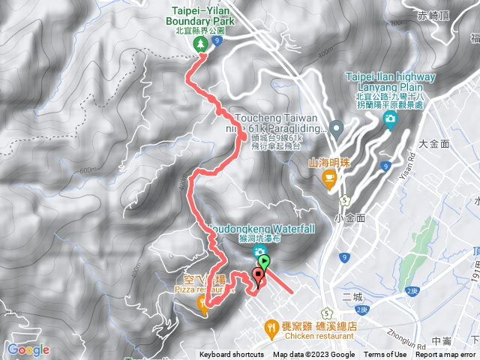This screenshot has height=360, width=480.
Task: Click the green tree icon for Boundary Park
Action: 201,46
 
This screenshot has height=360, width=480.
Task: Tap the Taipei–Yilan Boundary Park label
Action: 199,17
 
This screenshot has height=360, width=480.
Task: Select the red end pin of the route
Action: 259,276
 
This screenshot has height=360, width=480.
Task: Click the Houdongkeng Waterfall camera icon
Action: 259,250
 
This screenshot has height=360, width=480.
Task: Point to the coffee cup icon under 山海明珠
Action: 328,177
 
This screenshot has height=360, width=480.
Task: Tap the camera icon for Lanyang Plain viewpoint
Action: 389,120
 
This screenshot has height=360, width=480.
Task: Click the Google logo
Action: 28,350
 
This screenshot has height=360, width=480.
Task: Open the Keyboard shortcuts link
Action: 232,355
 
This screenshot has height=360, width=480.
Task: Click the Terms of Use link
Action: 385,355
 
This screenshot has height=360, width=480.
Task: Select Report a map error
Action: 447,355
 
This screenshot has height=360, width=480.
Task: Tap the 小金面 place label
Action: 350,217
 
